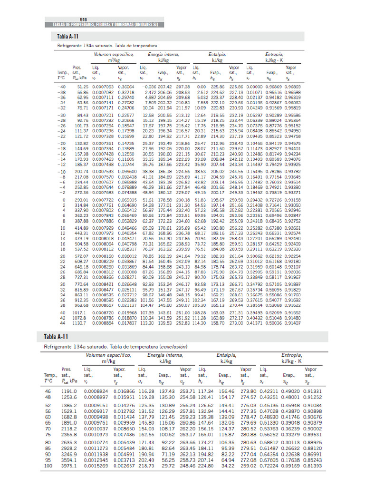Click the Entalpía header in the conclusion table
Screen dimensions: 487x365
coord(227,355)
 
